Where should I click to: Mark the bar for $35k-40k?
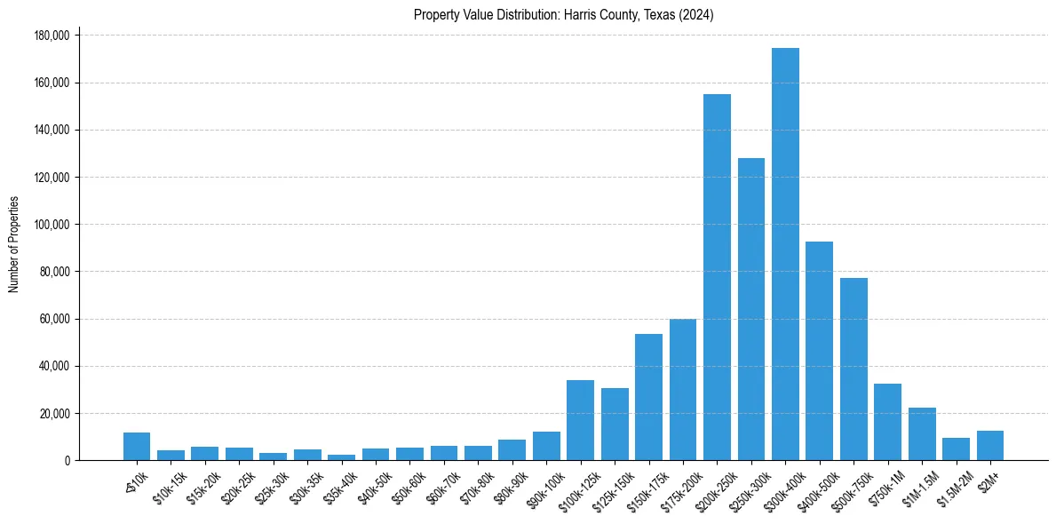[x=341, y=457]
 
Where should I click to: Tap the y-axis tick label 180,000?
[x=53, y=36]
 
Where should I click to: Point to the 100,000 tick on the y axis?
[x=53, y=225]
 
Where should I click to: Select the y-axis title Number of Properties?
[x=14, y=243]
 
